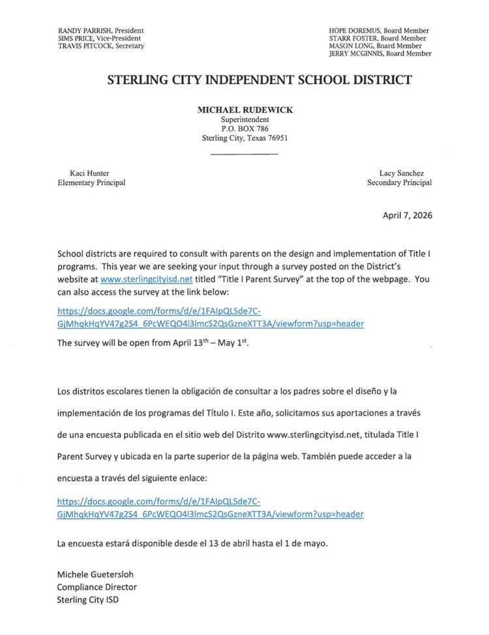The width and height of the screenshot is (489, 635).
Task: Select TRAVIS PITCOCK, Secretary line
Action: click(101, 46)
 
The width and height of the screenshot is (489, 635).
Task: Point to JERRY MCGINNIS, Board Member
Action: click(380, 54)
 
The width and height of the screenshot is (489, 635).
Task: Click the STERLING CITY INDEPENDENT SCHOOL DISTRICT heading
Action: click(259, 80)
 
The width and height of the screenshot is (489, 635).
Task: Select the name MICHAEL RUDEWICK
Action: click(245, 110)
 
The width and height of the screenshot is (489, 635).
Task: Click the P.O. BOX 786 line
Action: click(245, 129)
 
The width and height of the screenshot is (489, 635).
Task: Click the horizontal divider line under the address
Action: click(245, 154)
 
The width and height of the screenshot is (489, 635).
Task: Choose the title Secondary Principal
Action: click(399, 183)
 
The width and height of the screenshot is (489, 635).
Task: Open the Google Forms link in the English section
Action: click(210, 317)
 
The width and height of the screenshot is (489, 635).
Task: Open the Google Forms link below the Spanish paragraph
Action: click(210, 508)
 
